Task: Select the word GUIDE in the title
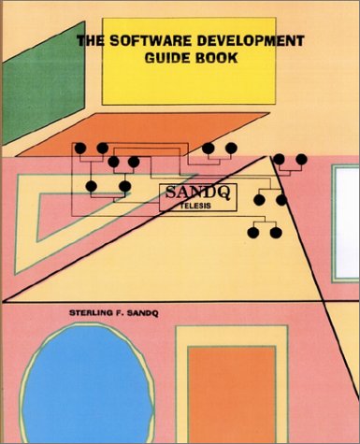pos(165,58)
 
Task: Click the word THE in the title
pos(91,41)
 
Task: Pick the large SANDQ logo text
pos(197,193)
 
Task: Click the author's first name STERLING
pos(91,313)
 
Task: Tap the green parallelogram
pos(44,83)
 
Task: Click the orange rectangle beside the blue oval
pos(232,394)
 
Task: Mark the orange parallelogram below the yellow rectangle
pos(143,135)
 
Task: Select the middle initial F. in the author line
pos(121,313)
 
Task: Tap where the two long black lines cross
pos(324,301)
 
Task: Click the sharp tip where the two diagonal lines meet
pos(268,155)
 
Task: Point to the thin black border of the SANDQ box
pos(198,184)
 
